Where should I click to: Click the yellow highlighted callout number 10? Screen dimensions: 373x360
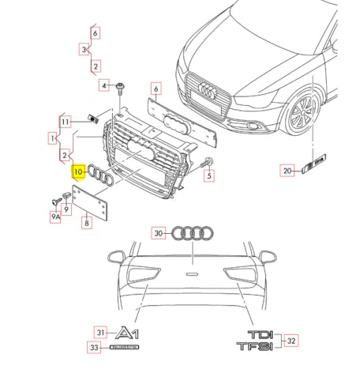click(x=77, y=171)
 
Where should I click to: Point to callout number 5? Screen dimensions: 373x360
click(x=209, y=177)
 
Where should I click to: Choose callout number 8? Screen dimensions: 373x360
click(x=87, y=224)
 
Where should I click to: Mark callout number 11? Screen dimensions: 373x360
click(x=66, y=122)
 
